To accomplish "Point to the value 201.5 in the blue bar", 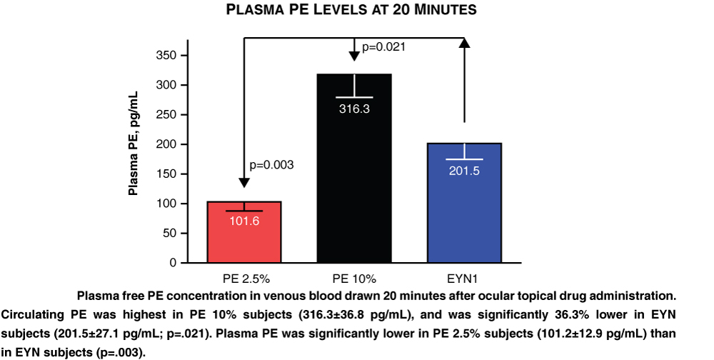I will pos(464,171).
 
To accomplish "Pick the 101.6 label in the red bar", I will pos(244,221).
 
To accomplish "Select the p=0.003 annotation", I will pos(271,165).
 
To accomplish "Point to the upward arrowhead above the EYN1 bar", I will pos(464,44).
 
